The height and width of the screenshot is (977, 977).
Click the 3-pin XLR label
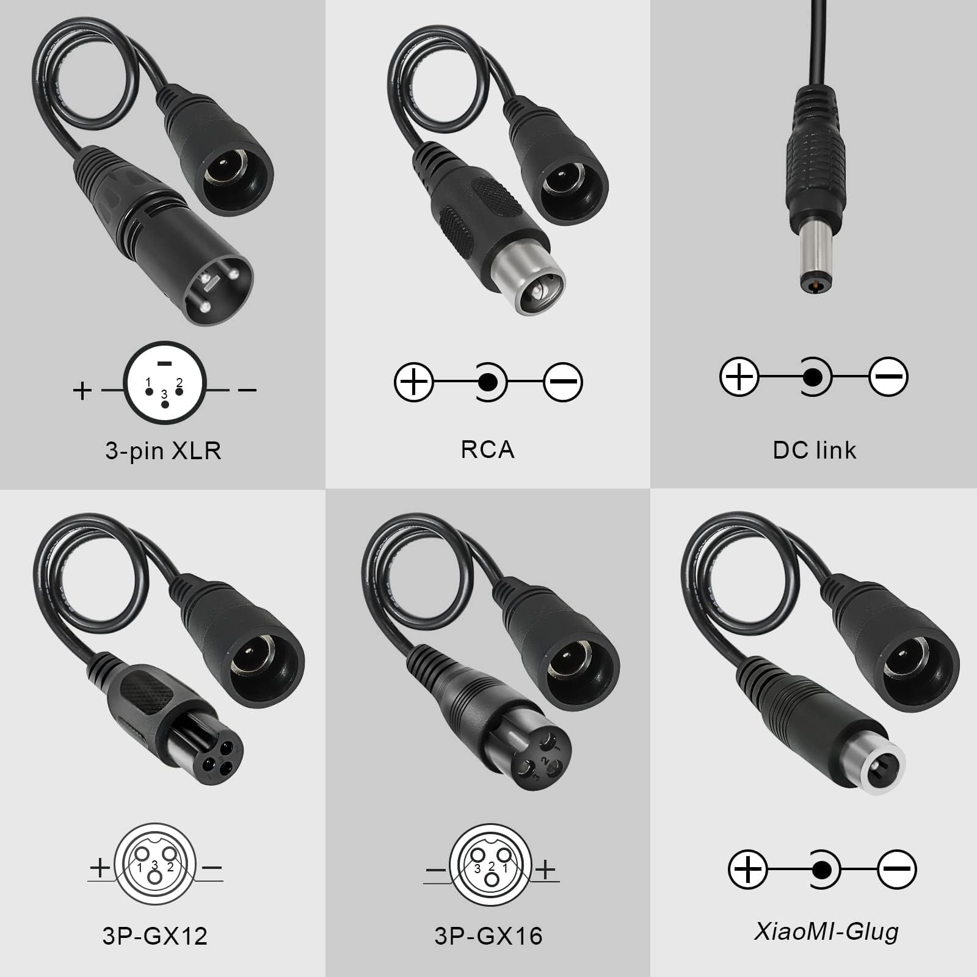pyautogui.click(x=163, y=451)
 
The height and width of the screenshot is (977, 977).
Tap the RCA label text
pyautogui.click(x=487, y=449)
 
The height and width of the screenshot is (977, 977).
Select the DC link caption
pyautogui.click(x=814, y=450)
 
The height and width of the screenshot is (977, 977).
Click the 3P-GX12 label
pyautogui.click(x=155, y=935)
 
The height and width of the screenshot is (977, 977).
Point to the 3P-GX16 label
pyautogui.click(x=488, y=935)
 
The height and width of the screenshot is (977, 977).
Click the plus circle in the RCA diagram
pyautogui.click(x=413, y=382)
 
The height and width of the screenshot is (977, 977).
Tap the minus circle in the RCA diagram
pyautogui.click(x=563, y=382)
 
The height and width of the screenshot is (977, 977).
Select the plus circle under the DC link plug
pyautogui.click(x=739, y=377)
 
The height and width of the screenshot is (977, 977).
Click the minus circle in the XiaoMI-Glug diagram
pyautogui.click(x=897, y=868)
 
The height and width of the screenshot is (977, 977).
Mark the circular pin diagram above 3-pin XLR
pyautogui.click(x=165, y=383)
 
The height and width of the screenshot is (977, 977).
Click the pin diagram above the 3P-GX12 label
pyautogui.click(x=155, y=867)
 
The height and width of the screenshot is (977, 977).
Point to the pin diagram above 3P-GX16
pyautogui.click(x=491, y=867)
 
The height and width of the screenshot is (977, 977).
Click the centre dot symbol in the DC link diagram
pyautogui.click(x=812, y=377)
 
